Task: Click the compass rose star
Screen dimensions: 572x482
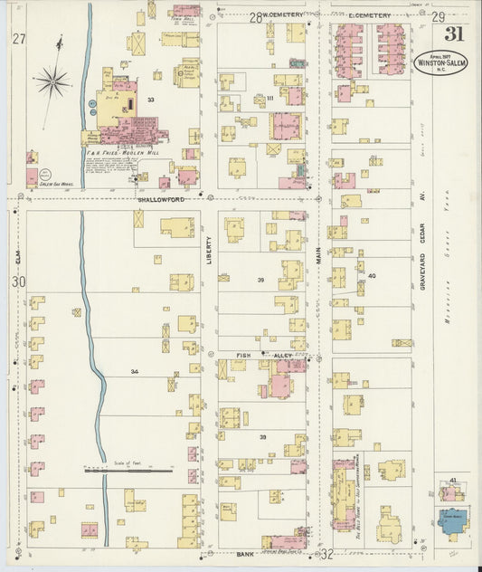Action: click(53, 82)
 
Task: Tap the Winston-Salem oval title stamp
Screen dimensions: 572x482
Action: click(440, 62)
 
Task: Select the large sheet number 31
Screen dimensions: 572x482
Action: click(456, 33)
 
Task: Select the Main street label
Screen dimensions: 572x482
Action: click(319, 256)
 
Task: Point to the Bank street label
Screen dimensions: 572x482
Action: click(245, 553)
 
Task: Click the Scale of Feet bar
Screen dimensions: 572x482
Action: click(128, 471)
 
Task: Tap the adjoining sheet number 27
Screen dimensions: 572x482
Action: click(19, 38)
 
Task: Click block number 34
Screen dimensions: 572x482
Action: click(134, 371)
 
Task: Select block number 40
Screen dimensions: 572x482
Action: click(371, 275)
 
